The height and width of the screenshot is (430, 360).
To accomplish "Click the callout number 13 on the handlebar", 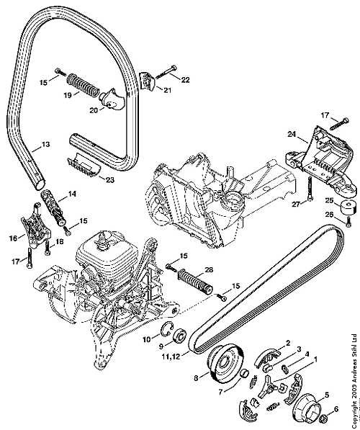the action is point(45,144).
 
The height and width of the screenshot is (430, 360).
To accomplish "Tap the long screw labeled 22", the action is point(166,72).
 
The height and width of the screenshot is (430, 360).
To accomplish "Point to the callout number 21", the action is point(167,89).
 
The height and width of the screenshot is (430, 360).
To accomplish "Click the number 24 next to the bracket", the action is point(292,134).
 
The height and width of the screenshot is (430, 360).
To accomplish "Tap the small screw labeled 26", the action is point(348,221).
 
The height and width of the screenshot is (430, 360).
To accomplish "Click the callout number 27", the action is point(296,205).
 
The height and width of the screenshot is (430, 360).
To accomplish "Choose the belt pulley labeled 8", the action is point(225,366).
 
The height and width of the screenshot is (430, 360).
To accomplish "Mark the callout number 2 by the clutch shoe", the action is point(288,343).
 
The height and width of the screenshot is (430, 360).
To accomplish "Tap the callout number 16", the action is point(13,238).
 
